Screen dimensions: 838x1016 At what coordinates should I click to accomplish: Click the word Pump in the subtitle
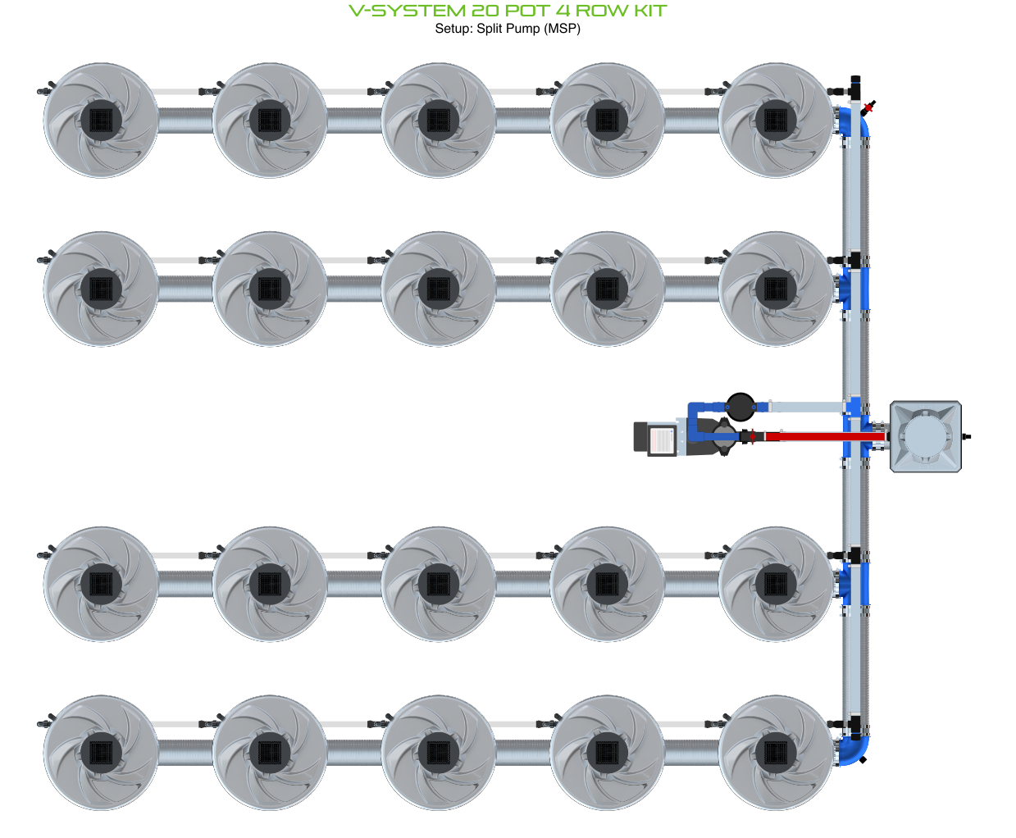521,29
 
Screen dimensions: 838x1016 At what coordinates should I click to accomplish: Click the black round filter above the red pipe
740,404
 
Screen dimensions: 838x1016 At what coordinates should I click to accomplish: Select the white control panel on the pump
661,439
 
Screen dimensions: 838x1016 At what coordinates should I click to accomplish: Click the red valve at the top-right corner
868,106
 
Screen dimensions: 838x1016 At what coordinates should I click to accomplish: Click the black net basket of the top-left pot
101,121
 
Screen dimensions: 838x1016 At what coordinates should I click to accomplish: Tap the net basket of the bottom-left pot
101,753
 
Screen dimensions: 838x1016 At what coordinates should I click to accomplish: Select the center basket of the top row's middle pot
439,121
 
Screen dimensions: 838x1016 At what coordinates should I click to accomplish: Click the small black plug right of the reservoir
966,436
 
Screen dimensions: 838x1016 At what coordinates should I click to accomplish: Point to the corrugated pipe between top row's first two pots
185,121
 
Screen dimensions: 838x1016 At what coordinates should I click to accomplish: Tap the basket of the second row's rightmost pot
776,289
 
